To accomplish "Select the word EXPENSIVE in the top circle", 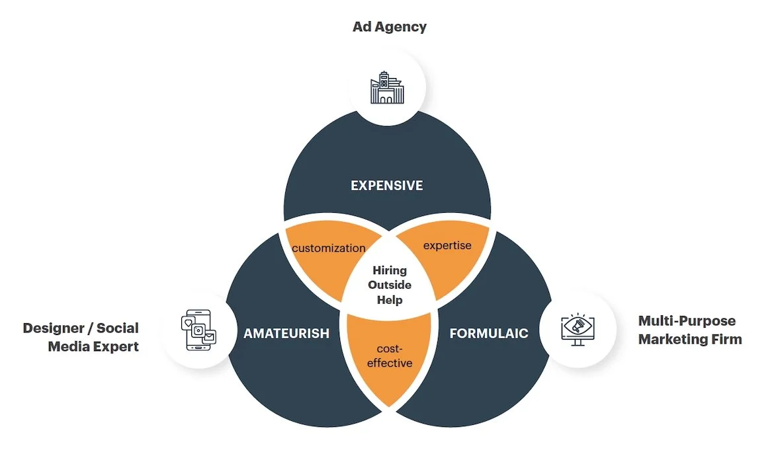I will (387, 186).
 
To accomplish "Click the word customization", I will (329, 248).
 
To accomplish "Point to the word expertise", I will (447, 246).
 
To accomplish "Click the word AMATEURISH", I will (286, 333).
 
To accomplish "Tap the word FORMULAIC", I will (489, 333).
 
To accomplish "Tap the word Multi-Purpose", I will (687, 321).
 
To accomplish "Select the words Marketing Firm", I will (690, 340).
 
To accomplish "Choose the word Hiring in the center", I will (390, 270).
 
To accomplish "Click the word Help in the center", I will (390, 299).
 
